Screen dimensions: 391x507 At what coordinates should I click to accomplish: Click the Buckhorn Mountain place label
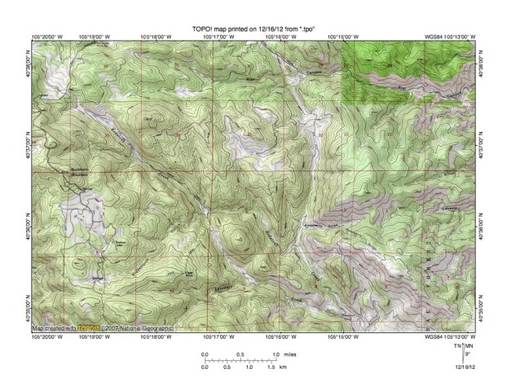pyautogui.click(x=78, y=172)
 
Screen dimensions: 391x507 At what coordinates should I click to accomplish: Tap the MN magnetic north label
pyautogui.click(x=469, y=346)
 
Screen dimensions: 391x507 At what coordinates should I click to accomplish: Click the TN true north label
pyautogui.click(x=457, y=346)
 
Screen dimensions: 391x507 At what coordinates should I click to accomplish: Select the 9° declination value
pyautogui.click(x=466, y=355)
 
